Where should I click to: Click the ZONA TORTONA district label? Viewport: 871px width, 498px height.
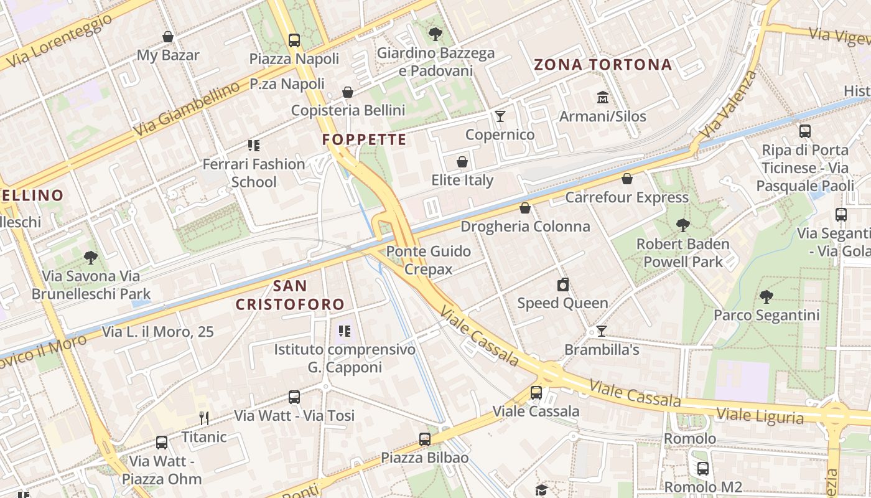click(603, 65)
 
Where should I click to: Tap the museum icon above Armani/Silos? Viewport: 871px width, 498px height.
click(602, 98)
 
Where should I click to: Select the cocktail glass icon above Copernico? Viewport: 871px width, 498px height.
click(500, 116)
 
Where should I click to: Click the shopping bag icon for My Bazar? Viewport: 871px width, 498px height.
click(167, 37)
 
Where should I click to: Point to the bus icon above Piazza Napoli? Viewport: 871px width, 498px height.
click(294, 40)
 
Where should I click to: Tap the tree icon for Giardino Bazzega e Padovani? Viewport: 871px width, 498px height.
click(435, 34)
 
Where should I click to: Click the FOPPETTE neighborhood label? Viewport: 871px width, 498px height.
click(364, 139)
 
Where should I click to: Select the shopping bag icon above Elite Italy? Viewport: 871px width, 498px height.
click(462, 162)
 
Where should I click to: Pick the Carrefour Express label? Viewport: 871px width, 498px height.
click(626, 197)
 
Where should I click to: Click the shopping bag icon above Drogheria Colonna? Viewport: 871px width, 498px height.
click(525, 208)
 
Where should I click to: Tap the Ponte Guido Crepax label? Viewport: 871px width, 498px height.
click(429, 260)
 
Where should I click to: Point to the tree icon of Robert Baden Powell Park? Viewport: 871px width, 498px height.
click(683, 225)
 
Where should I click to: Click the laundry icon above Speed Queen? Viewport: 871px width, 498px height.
click(563, 284)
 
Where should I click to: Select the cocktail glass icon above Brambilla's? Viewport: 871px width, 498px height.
click(602, 331)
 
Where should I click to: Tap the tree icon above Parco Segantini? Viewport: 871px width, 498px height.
click(766, 296)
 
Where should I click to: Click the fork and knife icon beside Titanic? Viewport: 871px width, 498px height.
click(203, 418)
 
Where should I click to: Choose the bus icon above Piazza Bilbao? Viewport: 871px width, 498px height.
click(425, 439)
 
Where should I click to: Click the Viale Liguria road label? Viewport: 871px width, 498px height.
click(760, 415)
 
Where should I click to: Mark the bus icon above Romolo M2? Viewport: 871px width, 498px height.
click(703, 468)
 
